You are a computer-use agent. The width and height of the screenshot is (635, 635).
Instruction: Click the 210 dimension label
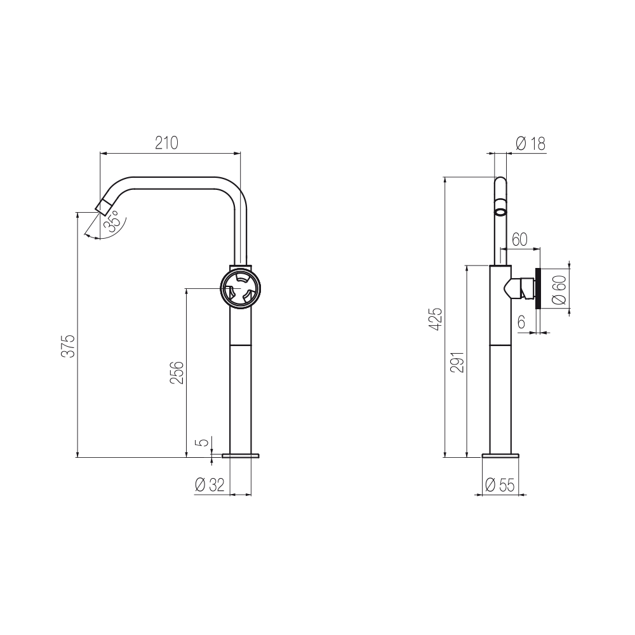pyautogui.click(x=167, y=144)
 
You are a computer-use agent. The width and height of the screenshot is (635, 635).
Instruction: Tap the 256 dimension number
pyautogui.click(x=178, y=373)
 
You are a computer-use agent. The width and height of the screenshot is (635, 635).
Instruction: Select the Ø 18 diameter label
pyautogui.click(x=530, y=144)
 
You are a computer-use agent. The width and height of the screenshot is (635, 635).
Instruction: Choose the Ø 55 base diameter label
pyautogui.click(x=499, y=486)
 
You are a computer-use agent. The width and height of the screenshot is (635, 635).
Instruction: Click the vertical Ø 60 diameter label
pyautogui.click(x=559, y=291)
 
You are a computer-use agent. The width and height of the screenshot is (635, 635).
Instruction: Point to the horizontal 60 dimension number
pyautogui.click(x=519, y=239)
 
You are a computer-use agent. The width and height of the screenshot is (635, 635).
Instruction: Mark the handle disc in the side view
pyautogui.click(x=537, y=288)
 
